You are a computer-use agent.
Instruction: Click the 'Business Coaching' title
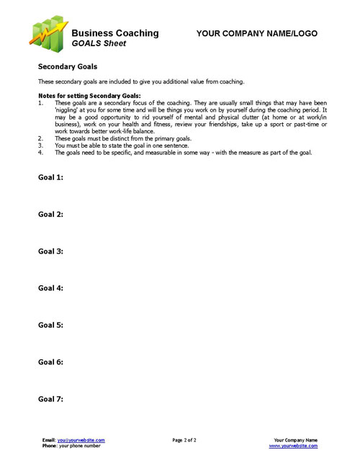tap(115, 33)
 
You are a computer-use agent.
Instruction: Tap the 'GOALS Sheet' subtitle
tap(99, 43)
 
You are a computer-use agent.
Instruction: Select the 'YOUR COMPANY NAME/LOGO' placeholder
tap(256, 34)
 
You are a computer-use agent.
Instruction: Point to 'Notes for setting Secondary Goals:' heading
tap(79, 96)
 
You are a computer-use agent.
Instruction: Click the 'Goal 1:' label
tap(50, 177)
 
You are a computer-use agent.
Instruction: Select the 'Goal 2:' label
tap(50, 214)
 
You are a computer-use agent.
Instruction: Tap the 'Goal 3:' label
tap(50, 251)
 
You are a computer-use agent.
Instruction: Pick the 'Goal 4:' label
tap(50, 288)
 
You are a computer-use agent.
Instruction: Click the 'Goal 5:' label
tap(50, 325)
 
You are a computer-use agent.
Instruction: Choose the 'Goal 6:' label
tap(50, 362)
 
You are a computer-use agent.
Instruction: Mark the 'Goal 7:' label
tap(50, 398)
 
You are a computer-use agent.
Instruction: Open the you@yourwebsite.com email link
tap(81, 439)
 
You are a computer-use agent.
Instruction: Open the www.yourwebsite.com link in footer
tap(293, 446)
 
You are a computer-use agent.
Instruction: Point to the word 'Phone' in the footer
tap(49, 446)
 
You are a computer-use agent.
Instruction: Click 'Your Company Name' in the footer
tap(296, 439)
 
